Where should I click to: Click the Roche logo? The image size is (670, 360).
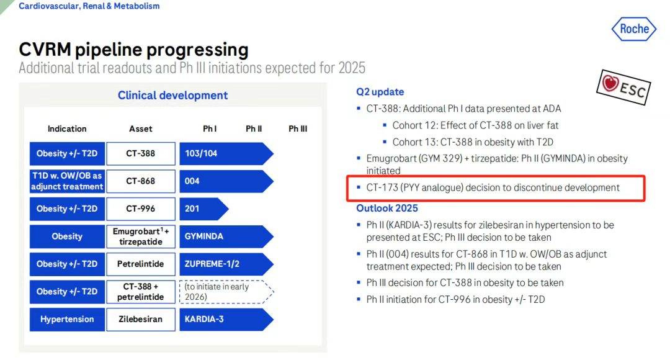[633, 29]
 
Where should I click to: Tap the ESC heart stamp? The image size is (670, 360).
[623, 87]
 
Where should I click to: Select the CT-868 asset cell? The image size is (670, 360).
[141, 181]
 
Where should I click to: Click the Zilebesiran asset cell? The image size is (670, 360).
[141, 320]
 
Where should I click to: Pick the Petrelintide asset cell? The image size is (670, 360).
[141, 264]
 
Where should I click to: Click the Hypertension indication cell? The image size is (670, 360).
[67, 320]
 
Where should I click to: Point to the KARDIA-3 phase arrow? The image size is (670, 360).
[226, 320]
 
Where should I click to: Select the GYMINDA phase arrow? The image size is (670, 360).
[226, 236]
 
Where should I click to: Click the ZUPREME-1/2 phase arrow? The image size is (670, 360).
[226, 264]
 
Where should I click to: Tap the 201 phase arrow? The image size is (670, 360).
[204, 209]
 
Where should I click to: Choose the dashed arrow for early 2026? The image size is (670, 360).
[226, 292]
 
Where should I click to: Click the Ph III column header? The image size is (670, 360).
[297, 128]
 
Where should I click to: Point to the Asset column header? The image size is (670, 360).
[141, 128]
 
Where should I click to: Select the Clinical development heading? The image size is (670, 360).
[172, 96]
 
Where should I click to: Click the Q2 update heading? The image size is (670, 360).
[380, 92]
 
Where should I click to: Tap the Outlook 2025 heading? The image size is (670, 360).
[387, 208]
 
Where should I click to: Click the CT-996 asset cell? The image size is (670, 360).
[141, 209]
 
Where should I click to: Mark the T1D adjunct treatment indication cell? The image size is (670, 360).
[67, 181]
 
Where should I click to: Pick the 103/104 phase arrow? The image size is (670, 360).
[226, 153]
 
